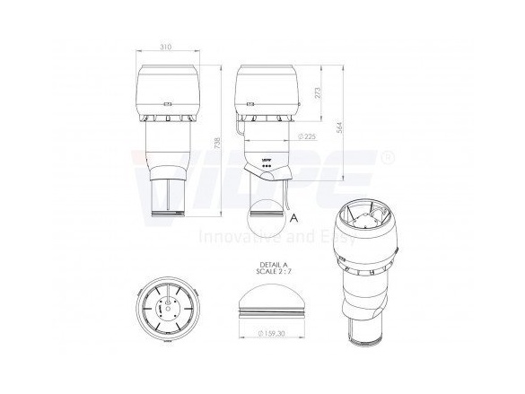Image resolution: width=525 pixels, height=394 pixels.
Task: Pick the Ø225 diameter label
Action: pos(309,137)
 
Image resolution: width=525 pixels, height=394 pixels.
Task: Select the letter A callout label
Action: pos(294,216)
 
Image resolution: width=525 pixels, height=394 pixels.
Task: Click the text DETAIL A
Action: pos(270,266)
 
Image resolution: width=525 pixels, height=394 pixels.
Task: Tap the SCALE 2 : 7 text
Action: pos(270,274)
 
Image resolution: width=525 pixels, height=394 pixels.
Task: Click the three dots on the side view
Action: pos(266,168)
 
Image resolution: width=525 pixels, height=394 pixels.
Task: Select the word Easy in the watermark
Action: pos(326,240)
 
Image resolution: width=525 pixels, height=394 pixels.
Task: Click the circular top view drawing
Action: pos(167,308)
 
